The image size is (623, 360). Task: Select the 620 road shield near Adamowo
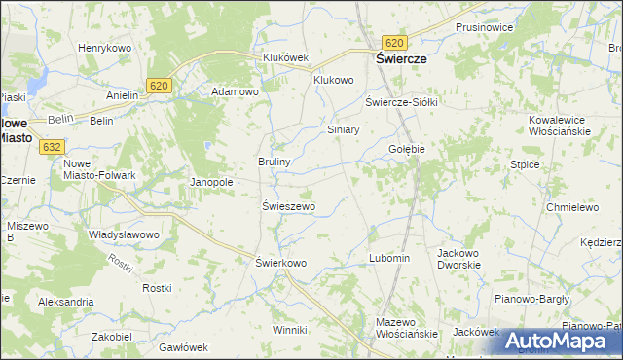click(x=161, y=87)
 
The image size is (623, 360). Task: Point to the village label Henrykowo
click(x=104, y=48)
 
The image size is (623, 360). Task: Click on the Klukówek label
click(x=285, y=57)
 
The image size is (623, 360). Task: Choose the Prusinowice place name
click(x=484, y=27)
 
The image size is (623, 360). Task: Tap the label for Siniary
click(x=344, y=129)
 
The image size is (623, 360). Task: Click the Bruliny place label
click(x=275, y=162)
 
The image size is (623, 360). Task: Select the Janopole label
click(x=211, y=182)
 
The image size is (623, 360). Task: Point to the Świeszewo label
click(x=289, y=206)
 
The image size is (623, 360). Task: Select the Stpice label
click(x=525, y=165)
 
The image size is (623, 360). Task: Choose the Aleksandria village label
click(x=65, y=302)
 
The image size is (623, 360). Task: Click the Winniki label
click(x=289, y=330)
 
